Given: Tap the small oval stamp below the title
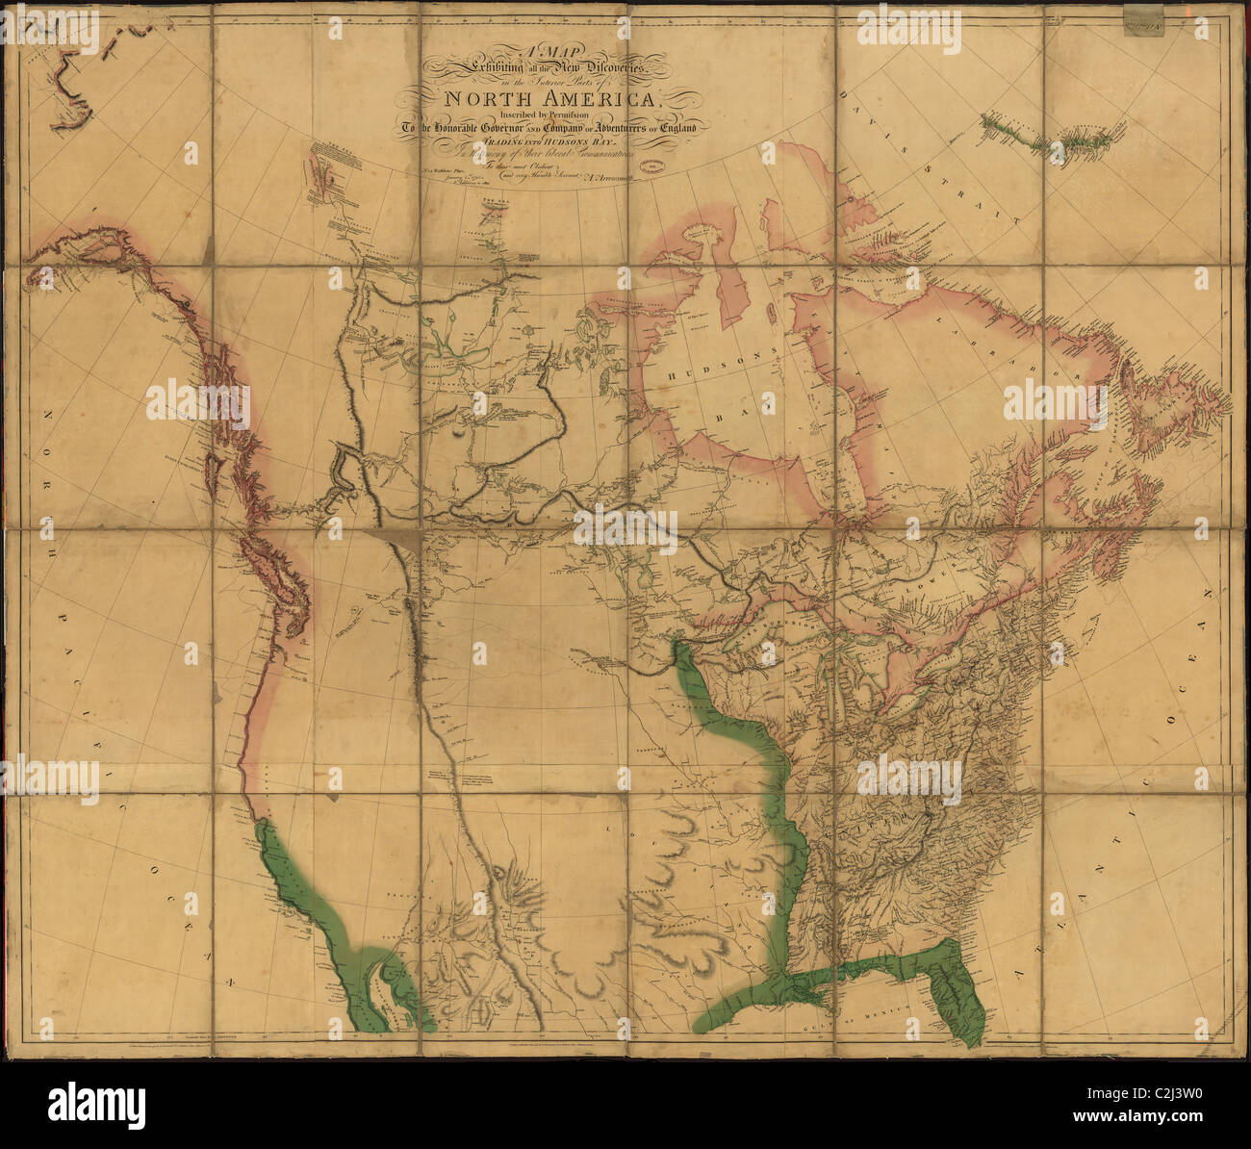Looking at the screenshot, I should point(658,167).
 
